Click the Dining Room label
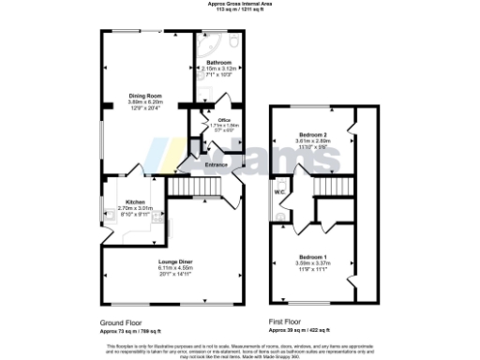(146, 95)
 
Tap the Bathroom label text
(219, 63)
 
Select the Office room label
(224, 120)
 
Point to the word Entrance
(217, 166)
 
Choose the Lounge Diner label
(174, 262)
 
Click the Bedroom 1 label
(313, 256)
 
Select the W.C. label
(279, 192)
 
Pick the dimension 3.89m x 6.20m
(146, 101)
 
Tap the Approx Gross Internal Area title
(240, 4)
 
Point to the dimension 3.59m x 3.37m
(313, 262)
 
